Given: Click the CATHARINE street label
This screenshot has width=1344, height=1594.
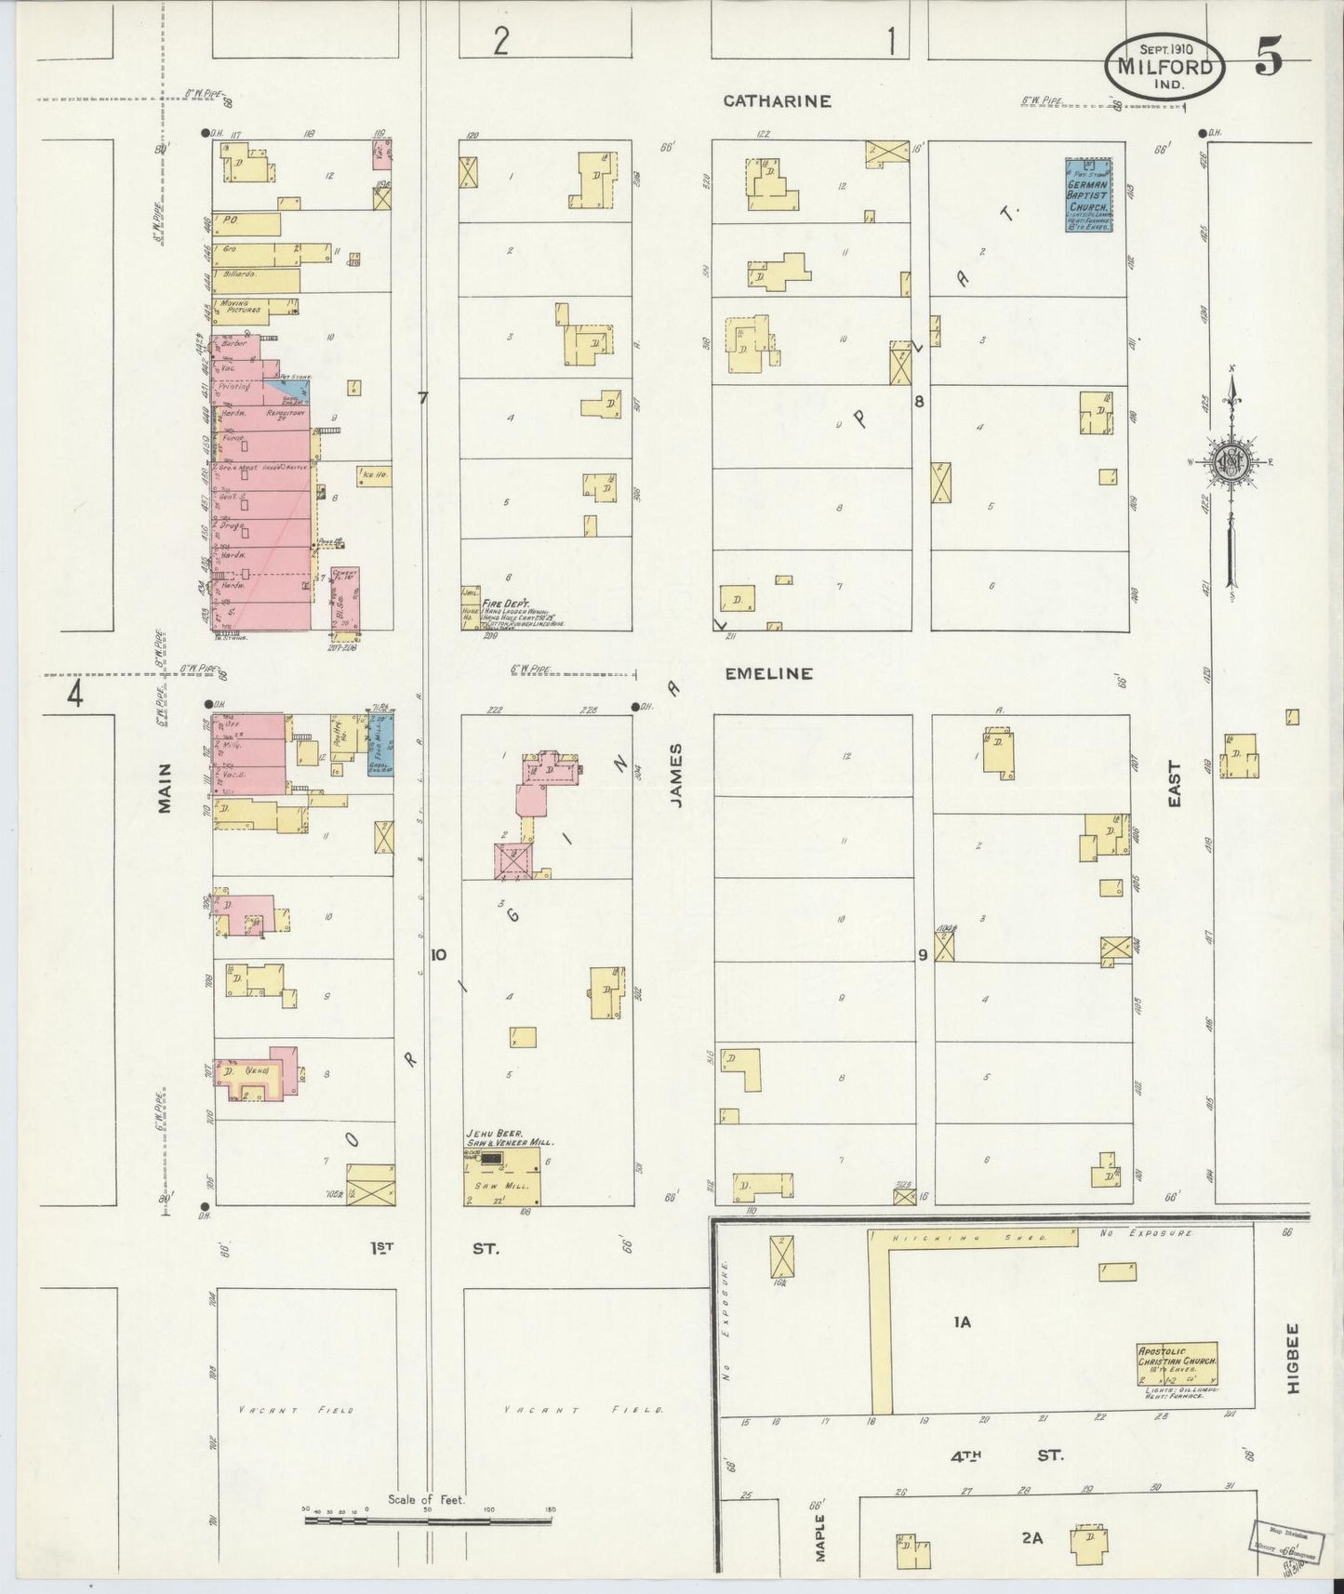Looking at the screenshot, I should tap(777, 101).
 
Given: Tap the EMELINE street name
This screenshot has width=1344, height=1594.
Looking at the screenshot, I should tap(769, 673).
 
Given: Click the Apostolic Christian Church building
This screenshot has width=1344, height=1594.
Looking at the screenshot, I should tap(1177, 1362).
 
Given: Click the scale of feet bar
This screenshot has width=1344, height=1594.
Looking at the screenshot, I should tap(429, 1521).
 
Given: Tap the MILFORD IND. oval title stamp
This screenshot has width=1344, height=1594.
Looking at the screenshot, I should tap(1164, 67).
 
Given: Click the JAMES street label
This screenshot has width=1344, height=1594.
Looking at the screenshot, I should tap(676, 775).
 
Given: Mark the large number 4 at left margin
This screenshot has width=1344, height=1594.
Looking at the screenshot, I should tap(74, 694).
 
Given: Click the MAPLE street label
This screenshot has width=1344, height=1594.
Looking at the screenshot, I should tap(819, 1534).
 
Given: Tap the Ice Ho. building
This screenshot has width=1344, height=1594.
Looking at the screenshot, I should tap(373, 476).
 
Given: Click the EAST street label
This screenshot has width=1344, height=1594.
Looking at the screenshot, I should tap(1173, 783).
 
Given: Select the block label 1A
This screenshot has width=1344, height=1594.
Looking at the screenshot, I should tap(961, 1321).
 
